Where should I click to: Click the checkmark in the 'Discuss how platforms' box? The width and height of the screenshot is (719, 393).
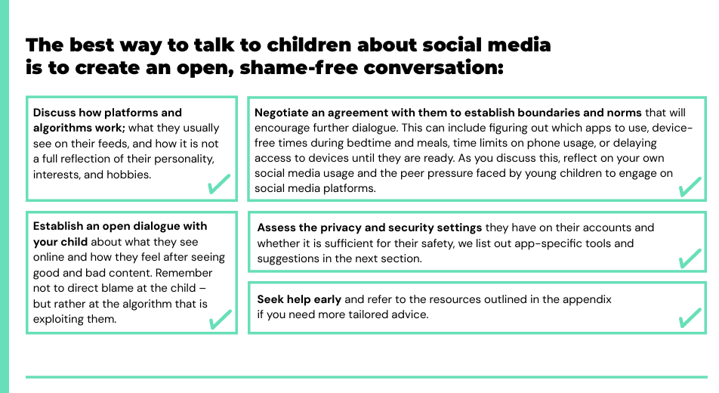click(219, 184)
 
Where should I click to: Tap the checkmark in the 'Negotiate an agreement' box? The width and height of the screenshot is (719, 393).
click(690, 185)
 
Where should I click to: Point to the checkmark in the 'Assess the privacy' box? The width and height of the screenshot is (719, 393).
click(690, 258)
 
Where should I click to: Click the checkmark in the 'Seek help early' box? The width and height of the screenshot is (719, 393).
click(690, 317)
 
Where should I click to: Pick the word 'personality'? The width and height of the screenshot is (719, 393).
click(184, 159)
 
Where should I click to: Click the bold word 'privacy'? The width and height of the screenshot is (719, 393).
click(347, 227)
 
